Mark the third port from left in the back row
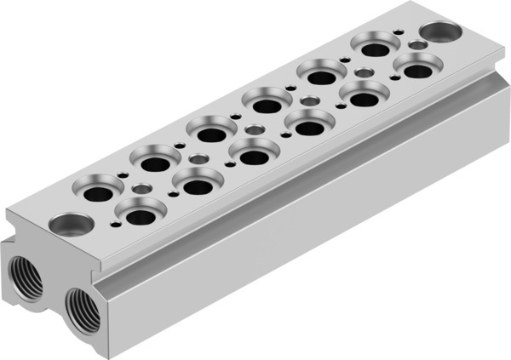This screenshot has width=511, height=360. tap(210, 132)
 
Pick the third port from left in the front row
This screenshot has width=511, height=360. tap(252, 153)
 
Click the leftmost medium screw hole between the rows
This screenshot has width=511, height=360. tap(141, 187)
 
